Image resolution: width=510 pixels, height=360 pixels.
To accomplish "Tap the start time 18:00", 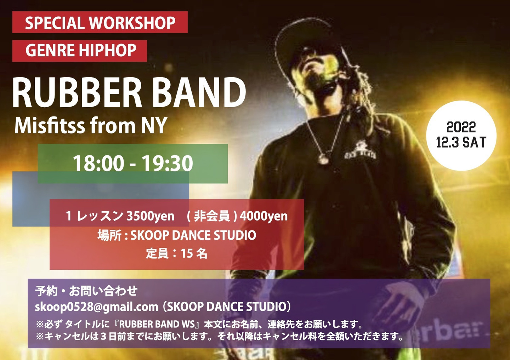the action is coord(99,163).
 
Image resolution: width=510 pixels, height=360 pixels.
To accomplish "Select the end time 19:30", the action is coord(167,163).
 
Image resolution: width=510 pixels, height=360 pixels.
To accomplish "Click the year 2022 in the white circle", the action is coord(461,127).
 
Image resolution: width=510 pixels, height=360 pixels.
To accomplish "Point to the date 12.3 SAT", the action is coord(461,142).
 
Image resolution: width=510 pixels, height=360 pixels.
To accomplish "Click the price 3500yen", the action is coord(150,216).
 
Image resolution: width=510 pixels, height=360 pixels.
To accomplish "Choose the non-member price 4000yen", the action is coord(263,216).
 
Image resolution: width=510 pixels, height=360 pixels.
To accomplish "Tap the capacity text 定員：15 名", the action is coord(176,253).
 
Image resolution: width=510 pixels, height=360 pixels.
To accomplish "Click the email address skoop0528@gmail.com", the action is coord(96,307).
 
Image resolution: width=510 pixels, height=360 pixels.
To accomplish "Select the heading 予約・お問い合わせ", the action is coord(86,291).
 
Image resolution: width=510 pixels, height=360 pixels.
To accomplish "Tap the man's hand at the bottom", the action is coord(396,305).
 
